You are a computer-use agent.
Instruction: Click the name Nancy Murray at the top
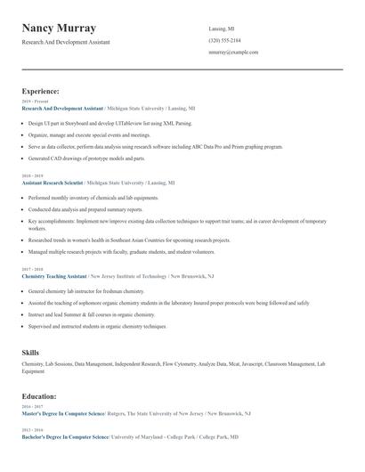click(59, 28)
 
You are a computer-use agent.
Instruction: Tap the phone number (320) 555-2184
click(224, 41)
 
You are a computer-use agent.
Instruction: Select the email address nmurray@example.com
click(233, 53)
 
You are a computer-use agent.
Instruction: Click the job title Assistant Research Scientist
click(53, 182)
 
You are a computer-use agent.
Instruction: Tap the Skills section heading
click(30, 353)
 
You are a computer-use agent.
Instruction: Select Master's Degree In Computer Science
click(62, 413)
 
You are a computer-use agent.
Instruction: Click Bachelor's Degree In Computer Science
click(65, 437)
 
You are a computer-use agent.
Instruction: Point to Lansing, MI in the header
click(222, 28)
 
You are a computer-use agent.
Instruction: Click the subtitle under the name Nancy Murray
click(66, 42)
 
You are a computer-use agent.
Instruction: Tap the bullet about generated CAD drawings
click(86, 159)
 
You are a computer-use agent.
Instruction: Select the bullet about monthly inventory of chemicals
click(93, 198)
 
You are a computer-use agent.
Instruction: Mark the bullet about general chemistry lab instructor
click(87, 291)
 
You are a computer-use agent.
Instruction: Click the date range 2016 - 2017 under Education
click(31, 406)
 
